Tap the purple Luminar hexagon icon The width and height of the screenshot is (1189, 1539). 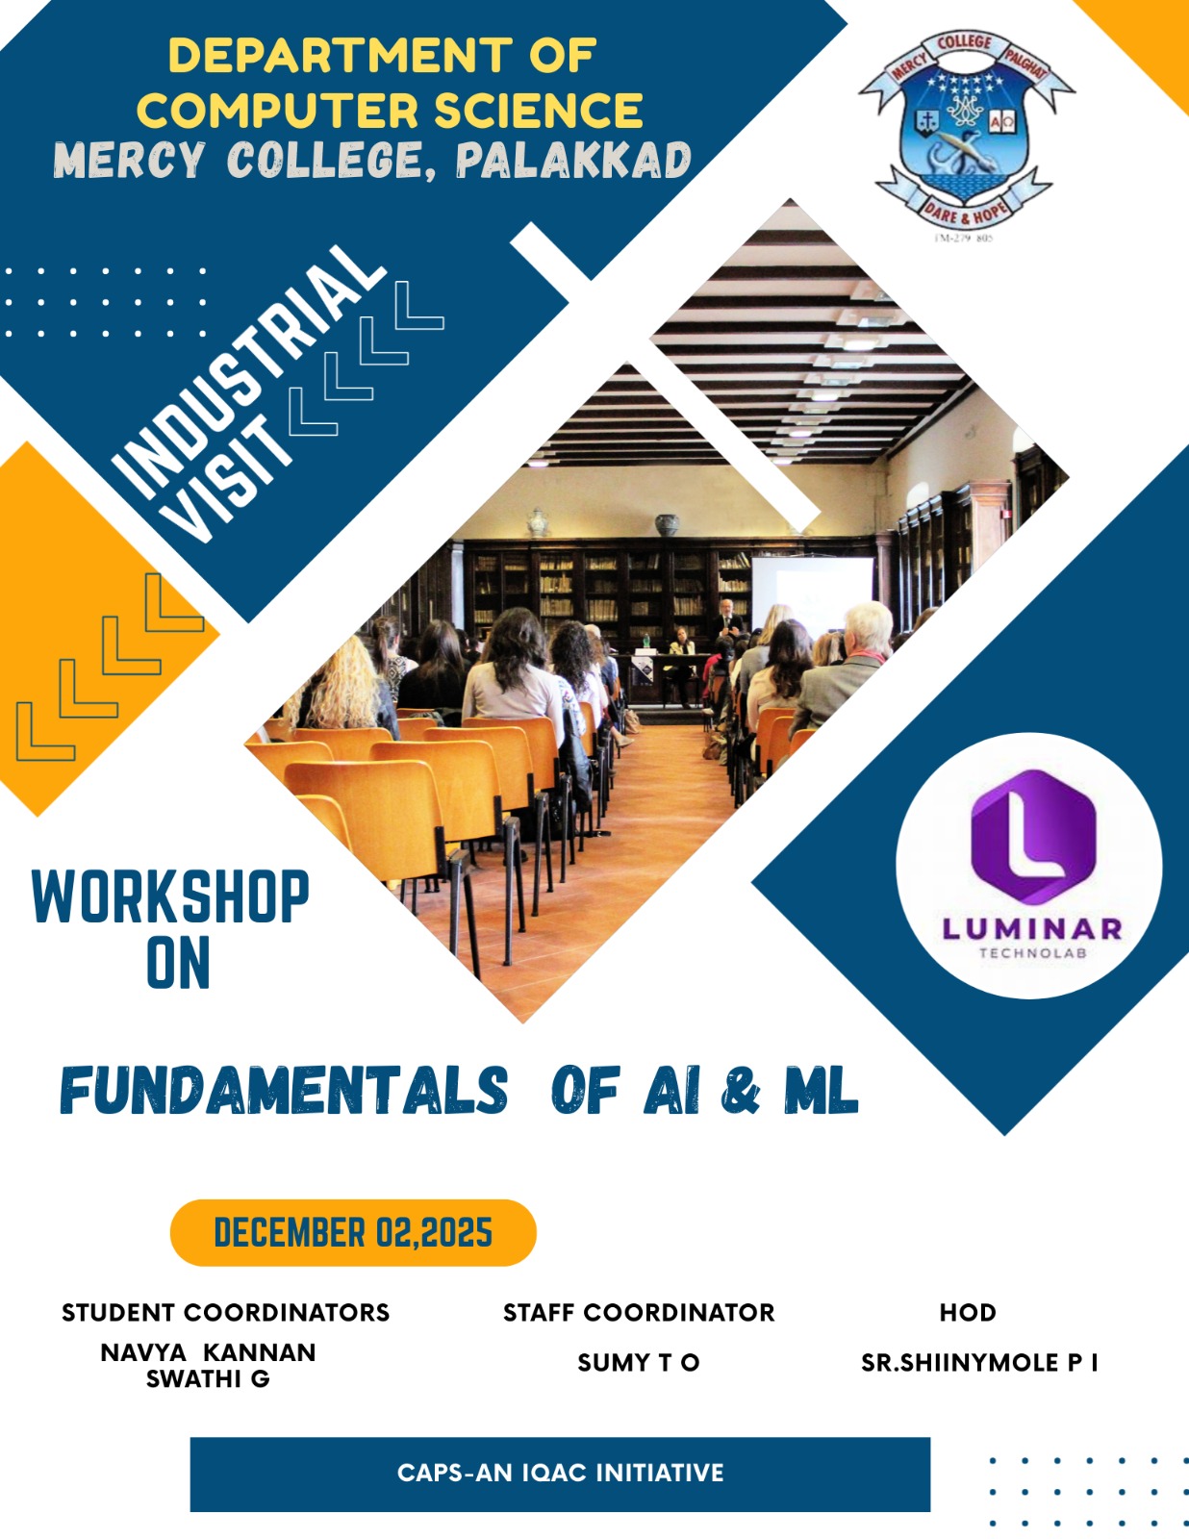pos(1032,836)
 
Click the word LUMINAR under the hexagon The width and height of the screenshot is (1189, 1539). pos(1032,929)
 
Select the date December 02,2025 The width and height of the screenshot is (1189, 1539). pos(353,1233)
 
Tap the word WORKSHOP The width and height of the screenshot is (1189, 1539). pos(170,897)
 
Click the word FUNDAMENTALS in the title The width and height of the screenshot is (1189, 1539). pos(285,1092)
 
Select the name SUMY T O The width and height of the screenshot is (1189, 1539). pos(639,1363)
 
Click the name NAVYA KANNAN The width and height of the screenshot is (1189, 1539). pos(208,1352)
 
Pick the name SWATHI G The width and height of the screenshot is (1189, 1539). pos(208,1379)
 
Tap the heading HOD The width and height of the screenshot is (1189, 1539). pos(968,1313)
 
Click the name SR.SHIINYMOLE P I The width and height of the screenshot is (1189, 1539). pos(979,1363)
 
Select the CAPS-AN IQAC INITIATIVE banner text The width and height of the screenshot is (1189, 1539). pos(560,1473)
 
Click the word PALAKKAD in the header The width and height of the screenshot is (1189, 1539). pos(573,161)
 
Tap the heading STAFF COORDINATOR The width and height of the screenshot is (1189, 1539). pos(639,1313)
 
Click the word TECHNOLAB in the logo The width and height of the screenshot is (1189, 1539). pos(1032,953)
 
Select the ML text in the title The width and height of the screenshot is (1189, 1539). pos(821,1092)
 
